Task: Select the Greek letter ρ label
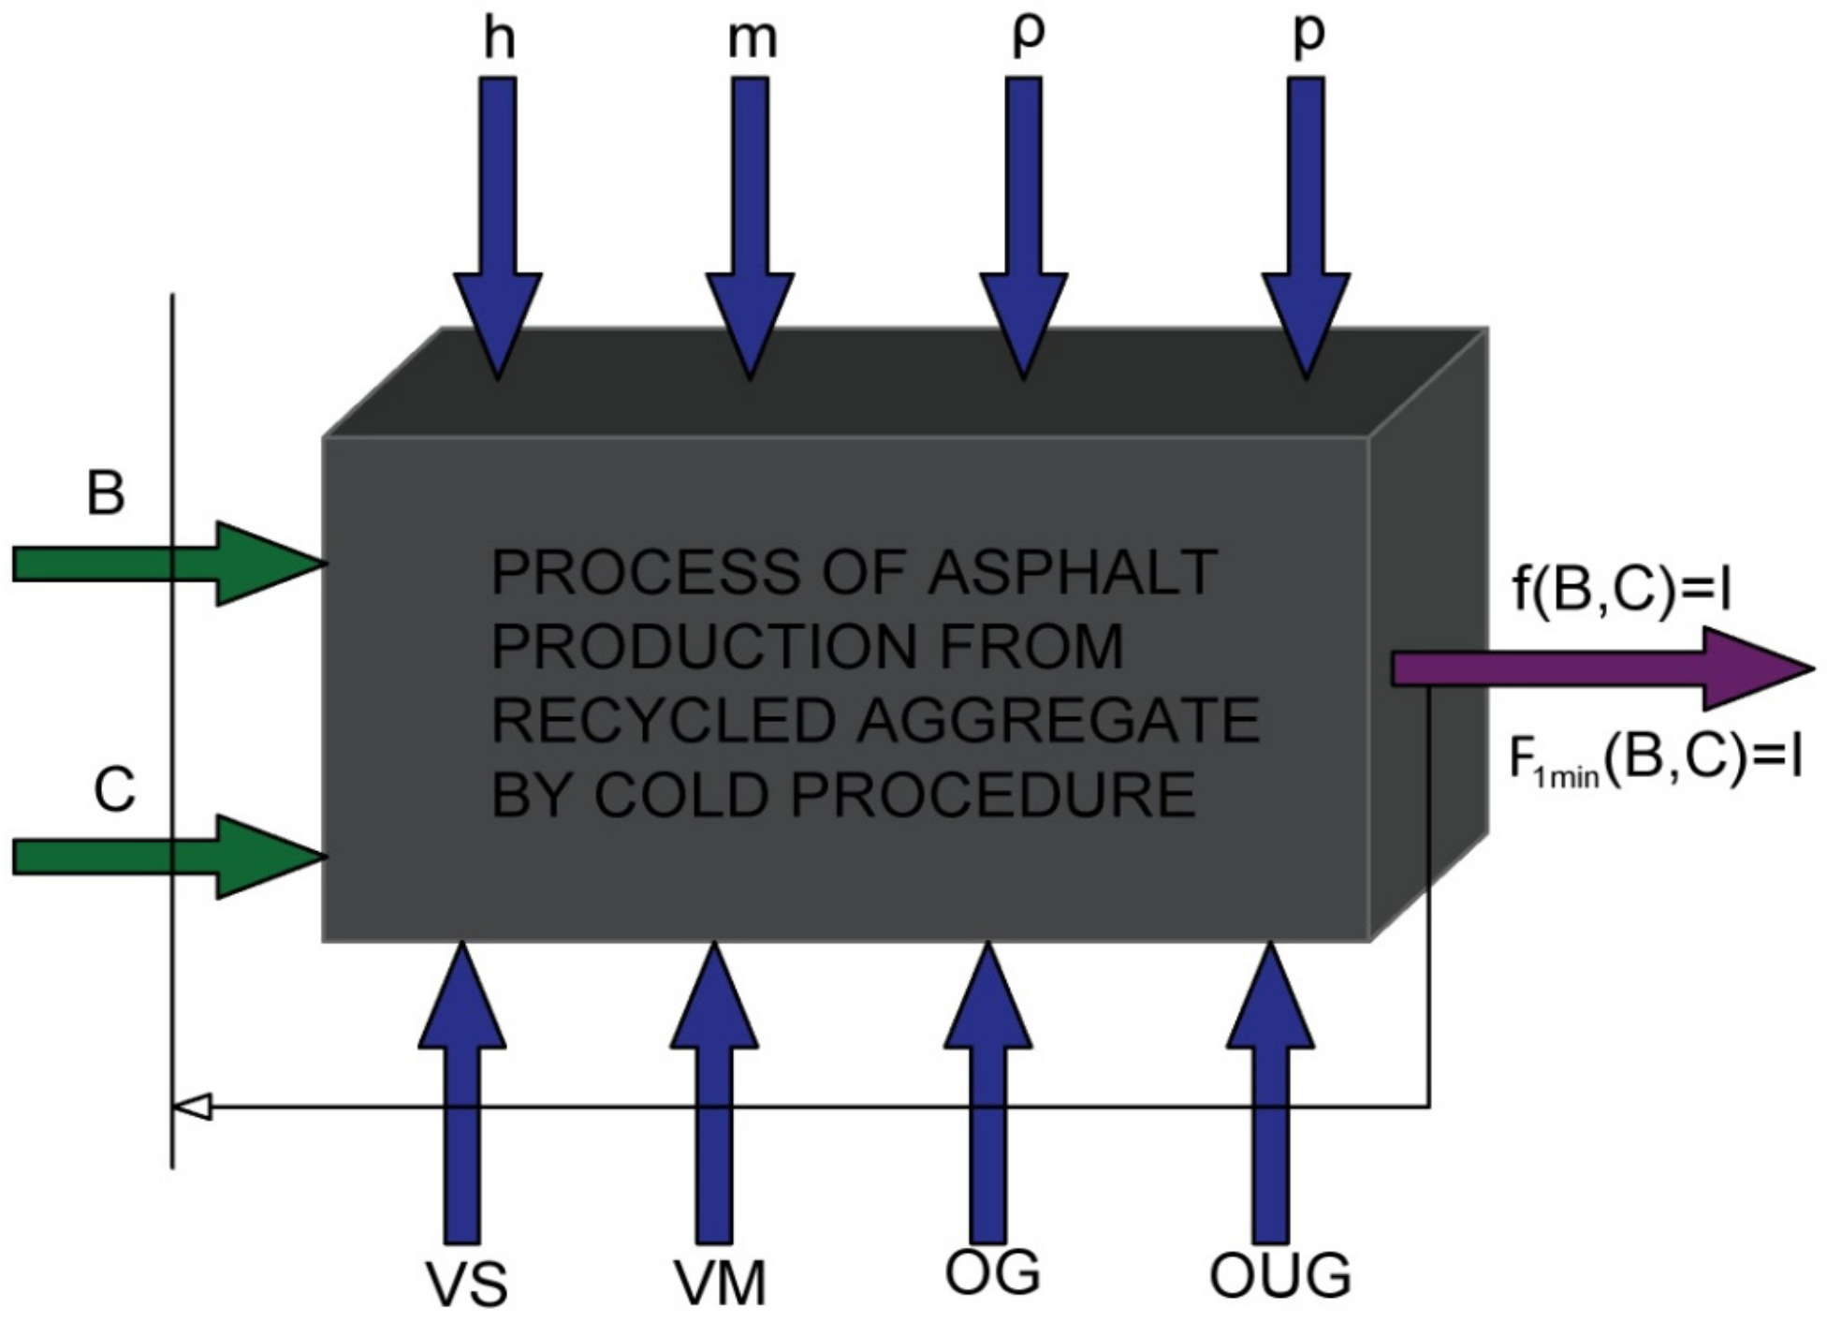pos(1029,36)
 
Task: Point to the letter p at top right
pos(1308,36)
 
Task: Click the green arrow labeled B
pos(168,564)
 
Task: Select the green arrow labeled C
pos(168,857)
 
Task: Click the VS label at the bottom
pos(467,1284)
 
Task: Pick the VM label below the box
pos(720,1283)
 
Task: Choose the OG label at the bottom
pos(992,1272)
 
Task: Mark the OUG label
pos(1279,1275)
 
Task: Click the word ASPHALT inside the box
pos(1072,572)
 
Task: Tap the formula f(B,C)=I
pos(1621,590)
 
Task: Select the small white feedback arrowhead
pos(193,1107)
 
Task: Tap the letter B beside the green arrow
pos(105,492)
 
